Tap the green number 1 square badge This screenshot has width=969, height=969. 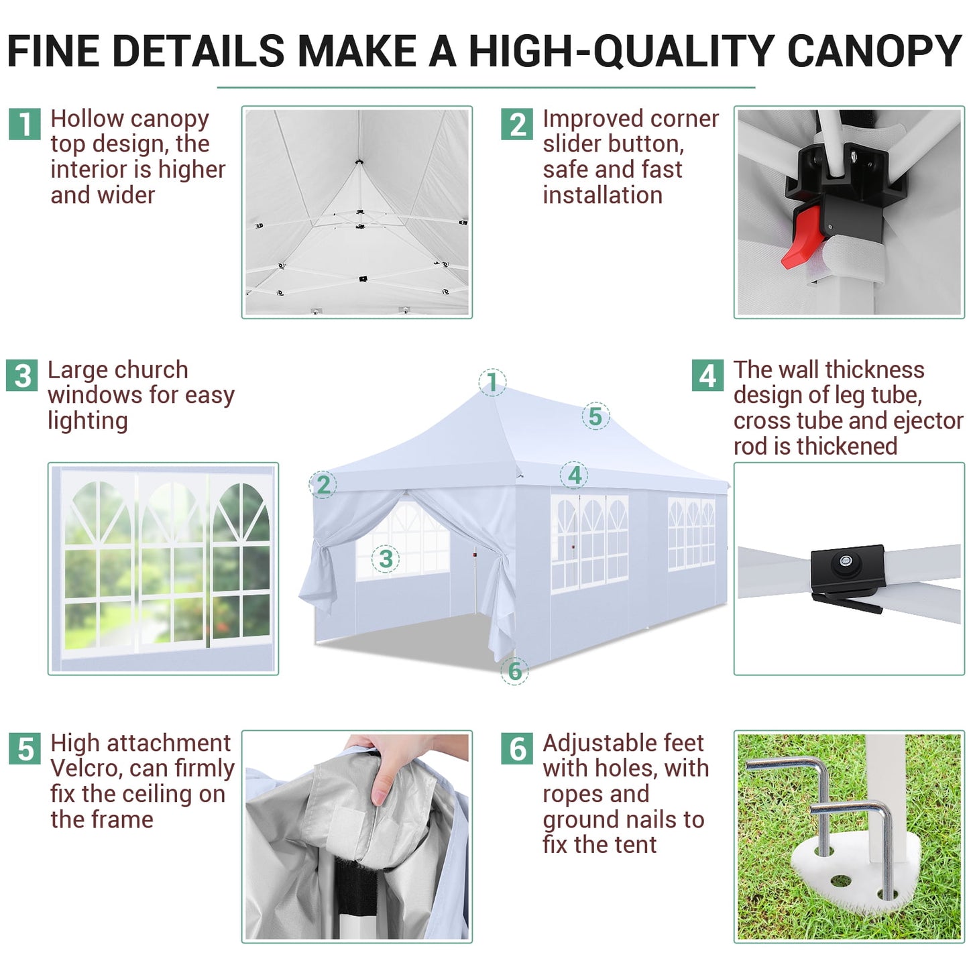click(25, 124)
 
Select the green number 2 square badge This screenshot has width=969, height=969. click(517, 124)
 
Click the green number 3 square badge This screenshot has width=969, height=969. click(22, 376)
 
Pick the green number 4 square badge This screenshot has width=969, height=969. click(707, 376)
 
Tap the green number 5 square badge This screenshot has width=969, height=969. click(25, 748)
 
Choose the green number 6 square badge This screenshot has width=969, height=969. click(517, 748)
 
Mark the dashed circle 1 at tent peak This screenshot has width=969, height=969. click(492, 382)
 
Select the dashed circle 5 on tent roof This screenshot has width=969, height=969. click(595, 416)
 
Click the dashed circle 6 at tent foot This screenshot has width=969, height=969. click(515, 671)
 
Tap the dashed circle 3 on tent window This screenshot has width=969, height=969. click(386, 559)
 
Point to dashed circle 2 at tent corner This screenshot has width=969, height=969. click(323, 484)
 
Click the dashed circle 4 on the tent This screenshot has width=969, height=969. click(574, 475)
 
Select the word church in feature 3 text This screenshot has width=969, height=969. click(151, 369)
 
